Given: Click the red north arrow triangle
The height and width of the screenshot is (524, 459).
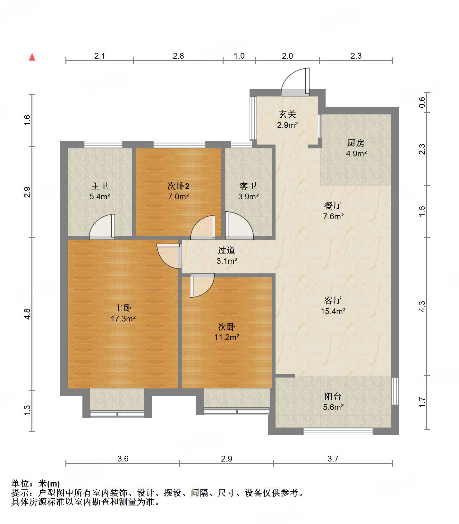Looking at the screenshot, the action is coord(32,57).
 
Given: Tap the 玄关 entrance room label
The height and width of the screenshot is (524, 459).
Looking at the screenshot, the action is coord(287,114).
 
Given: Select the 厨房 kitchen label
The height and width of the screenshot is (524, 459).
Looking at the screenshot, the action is coord(356,143).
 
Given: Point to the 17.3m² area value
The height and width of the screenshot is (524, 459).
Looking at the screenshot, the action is coord(123,319).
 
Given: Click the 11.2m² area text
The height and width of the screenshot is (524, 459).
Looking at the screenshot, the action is coord(227,337).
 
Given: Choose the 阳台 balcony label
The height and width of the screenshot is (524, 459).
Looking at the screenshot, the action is coord(333,396).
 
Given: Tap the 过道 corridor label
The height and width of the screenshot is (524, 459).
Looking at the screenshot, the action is coord(226,250).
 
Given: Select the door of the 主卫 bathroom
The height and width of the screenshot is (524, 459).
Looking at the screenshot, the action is coord(102,227).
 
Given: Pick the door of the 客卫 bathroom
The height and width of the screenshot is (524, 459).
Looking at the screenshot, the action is coord(239,225).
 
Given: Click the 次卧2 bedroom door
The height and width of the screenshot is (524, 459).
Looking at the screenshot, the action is coord(203,227).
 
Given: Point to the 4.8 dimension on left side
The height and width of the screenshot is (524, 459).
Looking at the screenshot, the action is coord(27,313).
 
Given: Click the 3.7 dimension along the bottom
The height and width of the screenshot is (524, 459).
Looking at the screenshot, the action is coord(333,459).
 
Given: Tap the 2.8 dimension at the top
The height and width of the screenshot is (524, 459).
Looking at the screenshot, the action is coord(178,56).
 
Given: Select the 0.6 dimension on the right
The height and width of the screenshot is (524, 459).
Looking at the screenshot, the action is coord(422,102).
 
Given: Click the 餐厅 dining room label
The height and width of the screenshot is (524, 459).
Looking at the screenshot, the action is coord(333,205).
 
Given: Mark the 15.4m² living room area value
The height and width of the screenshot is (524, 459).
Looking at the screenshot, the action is coord(333,311).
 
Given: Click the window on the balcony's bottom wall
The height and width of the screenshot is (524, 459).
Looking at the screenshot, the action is coord(338,431).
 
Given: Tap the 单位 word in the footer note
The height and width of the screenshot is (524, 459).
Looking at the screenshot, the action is coord(20,484).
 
